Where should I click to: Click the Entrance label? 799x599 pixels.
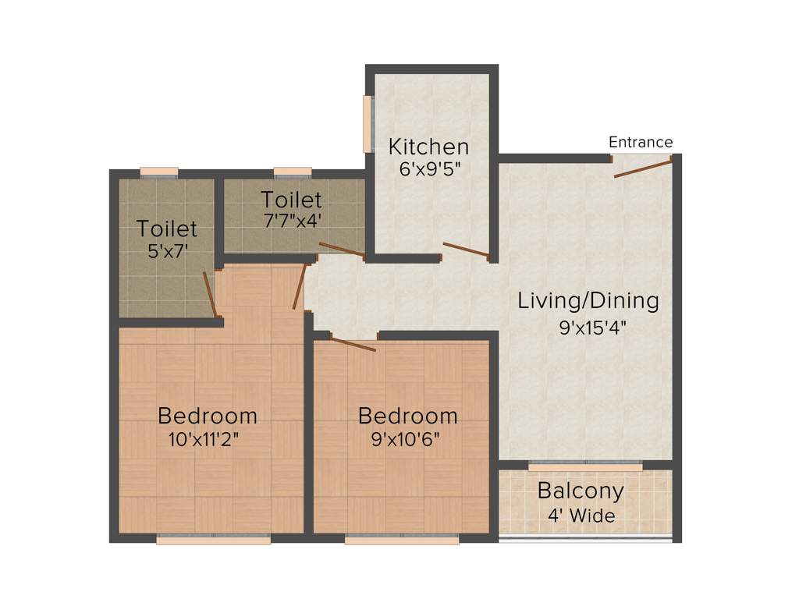click(x=640, y=142)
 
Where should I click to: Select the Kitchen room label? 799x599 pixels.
click(x=428, y=146)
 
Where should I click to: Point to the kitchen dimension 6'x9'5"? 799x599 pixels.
click(x=428, y=168)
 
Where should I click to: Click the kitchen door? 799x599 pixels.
click(x=466, y=250)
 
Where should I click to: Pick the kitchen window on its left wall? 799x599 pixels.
click(x=367, y=123)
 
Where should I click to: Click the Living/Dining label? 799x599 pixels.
click(x=588, y=300)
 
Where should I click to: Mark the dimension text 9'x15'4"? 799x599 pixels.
click(x=593, y=328)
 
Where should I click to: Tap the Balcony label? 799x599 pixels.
click(x=581, y=491)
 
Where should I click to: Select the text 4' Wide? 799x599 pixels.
click(x=581, y=516)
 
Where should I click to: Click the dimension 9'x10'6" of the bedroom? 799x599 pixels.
click(x=407, y=438)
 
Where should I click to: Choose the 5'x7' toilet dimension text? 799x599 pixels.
click(x=166, y=252)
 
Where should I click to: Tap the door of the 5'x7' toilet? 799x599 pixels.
click(x=209, y=294)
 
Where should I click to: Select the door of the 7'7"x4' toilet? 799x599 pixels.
click(x=341, y=250)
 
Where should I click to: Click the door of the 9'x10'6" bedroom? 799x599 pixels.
click(x=353, y=344)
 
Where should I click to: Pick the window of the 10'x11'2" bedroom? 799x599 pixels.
click(x=213, y=539)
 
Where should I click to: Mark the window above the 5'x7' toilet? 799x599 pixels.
click(x=159, y=172)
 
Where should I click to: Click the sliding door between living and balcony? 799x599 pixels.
click(x=585, y=466)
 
